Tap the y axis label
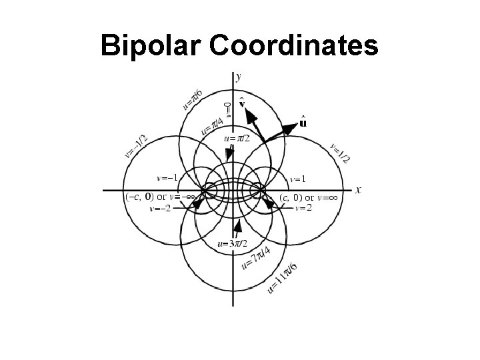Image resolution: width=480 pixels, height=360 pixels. [239, 77]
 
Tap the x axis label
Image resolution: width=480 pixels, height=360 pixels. [358, 190]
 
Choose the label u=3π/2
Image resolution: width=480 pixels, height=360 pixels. [233, 243]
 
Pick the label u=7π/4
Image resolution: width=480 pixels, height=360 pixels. [255, 257]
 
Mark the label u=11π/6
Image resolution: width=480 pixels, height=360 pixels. [283, 277]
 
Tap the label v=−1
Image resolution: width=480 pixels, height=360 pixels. [167, 178]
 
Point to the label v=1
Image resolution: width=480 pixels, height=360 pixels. [298, 179]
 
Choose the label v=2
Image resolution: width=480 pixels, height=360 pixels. [302, 207]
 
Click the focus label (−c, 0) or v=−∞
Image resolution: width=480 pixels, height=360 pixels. [159, 197]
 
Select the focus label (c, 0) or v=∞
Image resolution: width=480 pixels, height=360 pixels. [309, 197]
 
